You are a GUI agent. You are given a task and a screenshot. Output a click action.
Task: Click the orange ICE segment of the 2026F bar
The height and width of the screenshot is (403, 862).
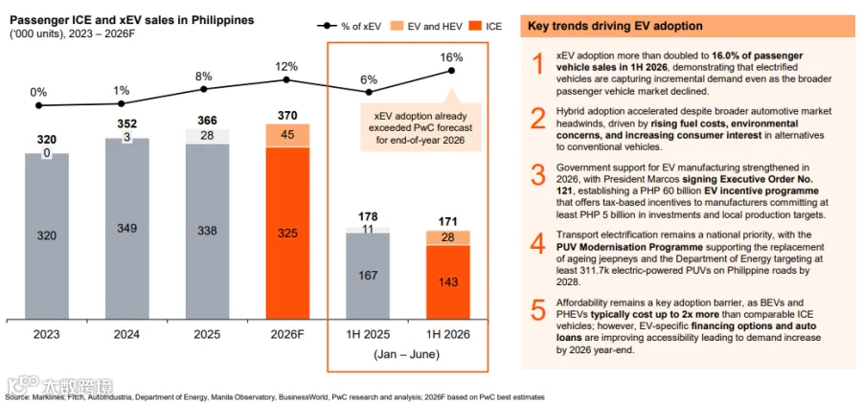point(287,234)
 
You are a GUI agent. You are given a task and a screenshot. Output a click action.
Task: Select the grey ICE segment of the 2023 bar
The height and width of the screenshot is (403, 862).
point(47,236)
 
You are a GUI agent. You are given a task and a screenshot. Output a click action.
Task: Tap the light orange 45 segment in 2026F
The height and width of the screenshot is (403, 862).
point(287,135)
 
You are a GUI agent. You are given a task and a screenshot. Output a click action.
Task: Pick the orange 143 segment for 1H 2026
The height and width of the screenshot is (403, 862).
point(448,282)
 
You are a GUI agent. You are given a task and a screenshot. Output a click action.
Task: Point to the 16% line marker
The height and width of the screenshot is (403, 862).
point(451,71)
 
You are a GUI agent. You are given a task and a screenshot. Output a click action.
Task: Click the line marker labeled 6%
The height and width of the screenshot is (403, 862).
point(370,92)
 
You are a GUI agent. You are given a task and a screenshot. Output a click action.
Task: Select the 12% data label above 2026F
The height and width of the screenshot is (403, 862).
point(286,67)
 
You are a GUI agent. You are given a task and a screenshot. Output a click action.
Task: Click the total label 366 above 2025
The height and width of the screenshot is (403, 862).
point(207,121)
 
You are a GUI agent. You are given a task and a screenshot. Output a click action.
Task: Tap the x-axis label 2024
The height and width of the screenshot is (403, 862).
point(127,335)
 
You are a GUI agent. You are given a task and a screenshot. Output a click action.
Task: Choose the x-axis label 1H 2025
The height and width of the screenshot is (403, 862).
point(368,335)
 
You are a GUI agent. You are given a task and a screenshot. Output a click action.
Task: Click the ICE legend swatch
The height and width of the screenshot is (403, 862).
point(474,26)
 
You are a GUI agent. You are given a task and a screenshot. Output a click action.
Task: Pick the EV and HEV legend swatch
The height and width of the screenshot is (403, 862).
point(397,26)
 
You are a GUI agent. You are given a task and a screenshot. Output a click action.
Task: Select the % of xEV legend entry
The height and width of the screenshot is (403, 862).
point(348,26)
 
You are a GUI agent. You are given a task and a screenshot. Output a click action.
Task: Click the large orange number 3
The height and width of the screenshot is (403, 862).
point(538,173)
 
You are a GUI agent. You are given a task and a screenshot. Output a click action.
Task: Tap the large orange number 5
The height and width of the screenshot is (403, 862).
point(538,310)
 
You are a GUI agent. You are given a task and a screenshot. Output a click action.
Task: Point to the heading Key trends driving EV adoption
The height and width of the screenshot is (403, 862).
point(614,26)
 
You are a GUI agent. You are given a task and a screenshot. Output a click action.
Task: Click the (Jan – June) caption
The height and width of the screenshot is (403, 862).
point(407,354)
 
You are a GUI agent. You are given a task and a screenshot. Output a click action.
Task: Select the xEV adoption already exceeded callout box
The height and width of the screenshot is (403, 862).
point(420,127)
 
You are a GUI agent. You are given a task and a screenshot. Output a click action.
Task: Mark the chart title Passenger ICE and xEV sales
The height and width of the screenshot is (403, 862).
point(130,20)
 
